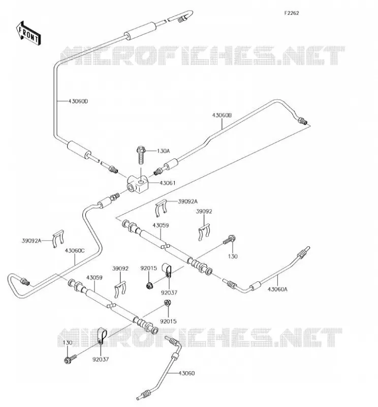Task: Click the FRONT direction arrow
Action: pyautogui.click(x=28, y=33)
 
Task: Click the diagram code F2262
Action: pyautogui.click(x=292, y=13)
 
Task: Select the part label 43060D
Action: pyautogui.click(x=78, y=101)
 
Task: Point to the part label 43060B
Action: pyautogui.click(x=222, y=115)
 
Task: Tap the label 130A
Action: pyautogui.click(x=163, y=151)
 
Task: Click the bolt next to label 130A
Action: pyautogui.click(x=141, y=155)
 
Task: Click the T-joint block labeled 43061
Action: pyautogui.click(x=137, y=184)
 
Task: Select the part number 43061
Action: pyautogui.click(x=168, y=183)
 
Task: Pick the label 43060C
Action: pyautogui.click(x=75, y=251)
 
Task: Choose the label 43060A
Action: pyautogui.click(x=277, y=289)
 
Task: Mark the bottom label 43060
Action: pyautogui.click(x=186, y=373)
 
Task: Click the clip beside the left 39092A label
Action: pyautogui.click(x=58, y=239)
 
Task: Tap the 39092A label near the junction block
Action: pyautogui.click(x=187, y=201)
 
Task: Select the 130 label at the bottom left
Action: pyautogui.click(x=68, y=342)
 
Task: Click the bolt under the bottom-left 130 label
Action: pyautogui.click(x=70, y=359)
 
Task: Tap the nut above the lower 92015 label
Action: pyautogui.click(x=168, y=303)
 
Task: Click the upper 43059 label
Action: pyautogui.click(x=161, y=225)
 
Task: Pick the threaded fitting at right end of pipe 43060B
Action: pyautogui.click(x=302, y=121)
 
